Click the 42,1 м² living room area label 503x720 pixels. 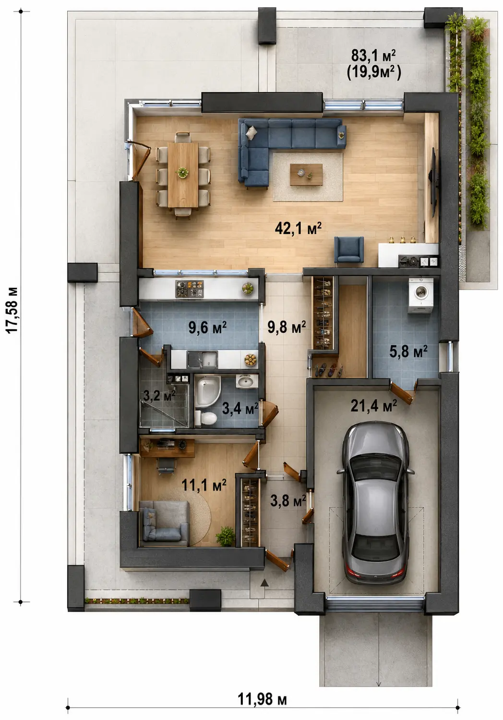(x=298, y=228)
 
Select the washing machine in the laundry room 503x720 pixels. (x=420, y=295)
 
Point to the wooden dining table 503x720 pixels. (x=183, y=174)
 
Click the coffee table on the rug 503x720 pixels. (x=306, y=174)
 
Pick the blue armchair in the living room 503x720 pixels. (x=348, y=251)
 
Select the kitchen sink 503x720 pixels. (x=202, y=359)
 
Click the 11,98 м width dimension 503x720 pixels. (x=262, y=698)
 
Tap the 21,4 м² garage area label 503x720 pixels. (x=373, y=406)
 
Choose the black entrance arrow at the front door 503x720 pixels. (x=264, y=582)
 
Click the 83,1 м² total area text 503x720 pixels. (x=373, y=55)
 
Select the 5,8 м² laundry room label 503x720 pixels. (x=408, y=351)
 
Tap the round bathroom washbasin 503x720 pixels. (x=247, y=381)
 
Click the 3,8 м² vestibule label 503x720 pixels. (x=288, y=501)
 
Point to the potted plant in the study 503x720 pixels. (x=226, y=536)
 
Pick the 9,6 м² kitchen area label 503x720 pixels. (x=207, y=327)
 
